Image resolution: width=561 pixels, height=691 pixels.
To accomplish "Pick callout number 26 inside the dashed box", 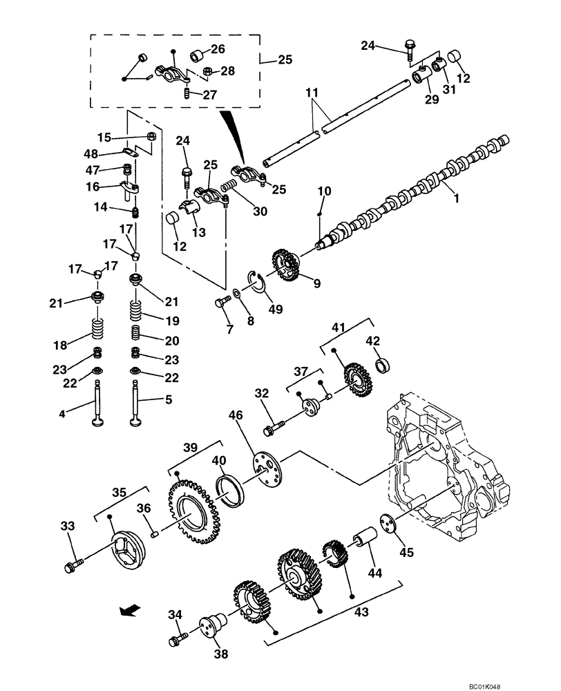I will [218, 49].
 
